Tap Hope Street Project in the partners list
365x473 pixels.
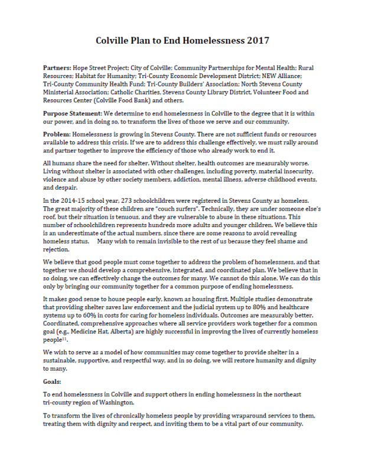(106, 69)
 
